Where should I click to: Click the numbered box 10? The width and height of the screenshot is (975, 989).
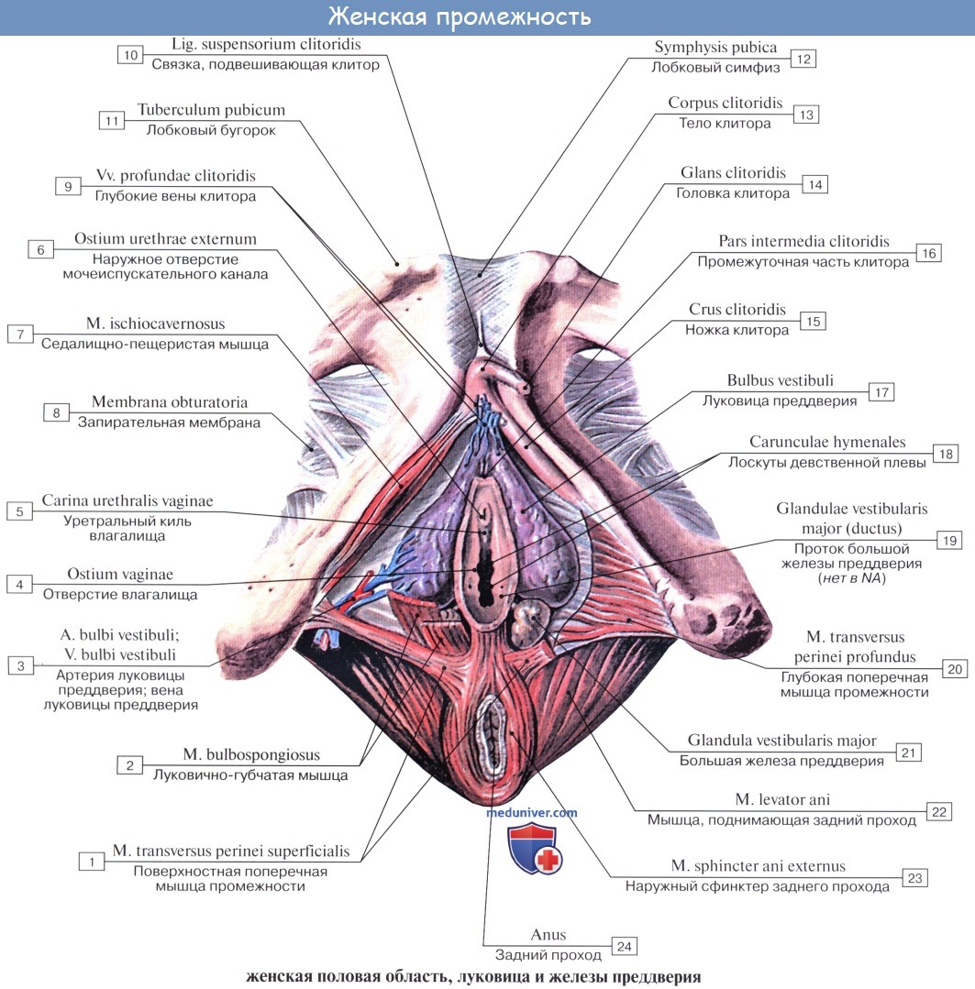pyautogui.click(x=130, y=55)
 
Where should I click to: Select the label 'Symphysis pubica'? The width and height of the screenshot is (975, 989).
pyautogui.click(x=715, y=47)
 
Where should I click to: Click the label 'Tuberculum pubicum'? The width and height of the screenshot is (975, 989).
pyautogui.click(x=211, y=110)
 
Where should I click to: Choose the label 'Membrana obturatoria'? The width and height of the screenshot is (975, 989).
pyautogui.click(x=169, y=402)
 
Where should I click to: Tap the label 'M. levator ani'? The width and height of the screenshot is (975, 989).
pyautogui.click(x=782, y=800)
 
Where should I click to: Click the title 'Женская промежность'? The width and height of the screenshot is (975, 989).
pyautogui.click(x=460, y=16)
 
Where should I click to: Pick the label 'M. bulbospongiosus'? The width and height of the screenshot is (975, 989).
pyautogui.click(x=250, y=755)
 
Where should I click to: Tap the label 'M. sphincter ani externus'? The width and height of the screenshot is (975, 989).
pyautogui.click(x=758, y=866)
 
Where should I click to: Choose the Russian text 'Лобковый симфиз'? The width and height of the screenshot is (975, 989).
pyautogui.click(x=715, y=67)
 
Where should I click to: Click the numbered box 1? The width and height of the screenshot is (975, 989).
pyautogui.click(x=91, y=861)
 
